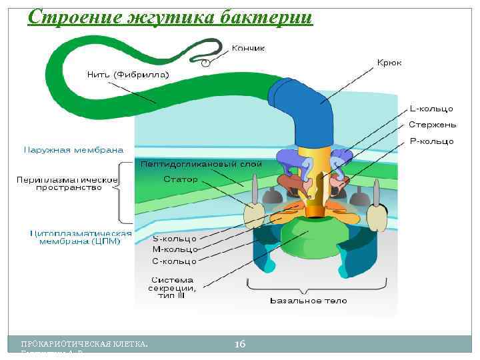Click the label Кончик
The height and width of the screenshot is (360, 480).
(248, 48)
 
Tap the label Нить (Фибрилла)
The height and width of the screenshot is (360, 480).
(128, 74)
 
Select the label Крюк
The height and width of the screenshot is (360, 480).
(389, 62)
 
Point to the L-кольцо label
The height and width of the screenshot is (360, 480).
(431, 108)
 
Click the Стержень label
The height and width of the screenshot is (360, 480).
(432, 125)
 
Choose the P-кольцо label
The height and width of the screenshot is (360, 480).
(431, 141)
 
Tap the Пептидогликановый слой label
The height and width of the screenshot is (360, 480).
(201, 163)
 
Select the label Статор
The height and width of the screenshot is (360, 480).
(180, 180)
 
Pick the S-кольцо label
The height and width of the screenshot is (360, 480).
(175, 238)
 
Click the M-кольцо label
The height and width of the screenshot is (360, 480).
(175, 249)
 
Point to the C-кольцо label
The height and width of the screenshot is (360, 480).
(175, 261)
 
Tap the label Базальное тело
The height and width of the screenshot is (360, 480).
(308, 301)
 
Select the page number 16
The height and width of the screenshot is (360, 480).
(240, 343)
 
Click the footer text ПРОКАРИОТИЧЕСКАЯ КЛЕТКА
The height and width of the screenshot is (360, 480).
(85, 344)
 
